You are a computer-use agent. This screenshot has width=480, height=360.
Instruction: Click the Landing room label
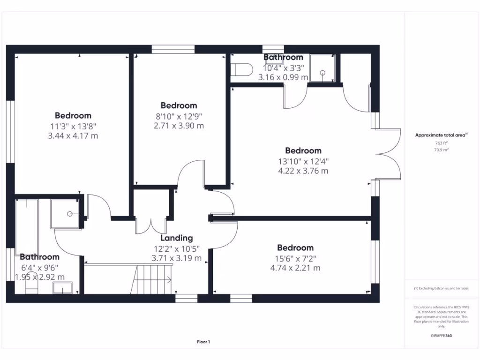[176, 238]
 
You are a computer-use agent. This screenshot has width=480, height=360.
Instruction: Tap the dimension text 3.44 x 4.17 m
[73, 136]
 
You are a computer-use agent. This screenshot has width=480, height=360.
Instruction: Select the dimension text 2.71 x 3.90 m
[179, 126]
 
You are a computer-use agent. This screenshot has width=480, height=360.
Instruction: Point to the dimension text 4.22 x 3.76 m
[303, 171]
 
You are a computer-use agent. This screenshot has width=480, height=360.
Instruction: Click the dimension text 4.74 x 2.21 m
[295, 268]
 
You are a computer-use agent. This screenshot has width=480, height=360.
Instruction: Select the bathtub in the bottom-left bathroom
[27, 225]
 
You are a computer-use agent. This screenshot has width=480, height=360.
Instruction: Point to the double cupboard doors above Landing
[150, 225]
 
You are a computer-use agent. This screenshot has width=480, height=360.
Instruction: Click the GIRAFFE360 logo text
[441, 336]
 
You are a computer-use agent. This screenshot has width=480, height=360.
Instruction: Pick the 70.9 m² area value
[441, 150]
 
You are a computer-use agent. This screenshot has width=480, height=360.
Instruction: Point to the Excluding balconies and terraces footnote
[441, 289]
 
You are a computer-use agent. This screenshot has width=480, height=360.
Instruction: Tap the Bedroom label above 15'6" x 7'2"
[295, 247]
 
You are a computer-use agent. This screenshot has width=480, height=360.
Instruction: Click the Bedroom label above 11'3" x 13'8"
[73, 115]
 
